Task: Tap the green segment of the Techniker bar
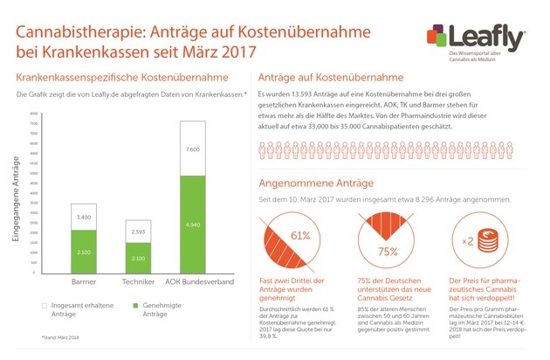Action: (138, 260)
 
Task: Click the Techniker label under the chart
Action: (140, 284)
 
